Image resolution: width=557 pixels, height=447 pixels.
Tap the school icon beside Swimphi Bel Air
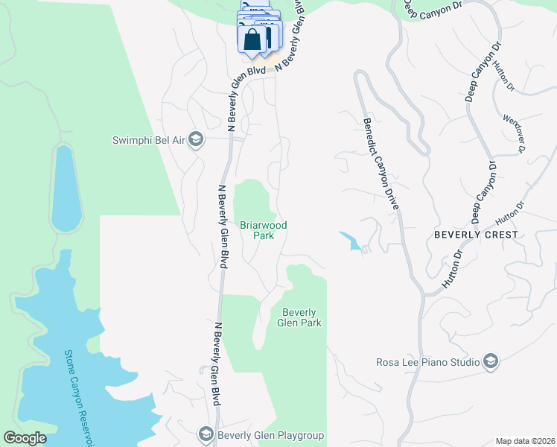(196, 140)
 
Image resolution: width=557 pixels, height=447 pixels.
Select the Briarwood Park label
(263, 230)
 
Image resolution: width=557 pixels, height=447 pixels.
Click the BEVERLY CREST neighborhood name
(476, 235)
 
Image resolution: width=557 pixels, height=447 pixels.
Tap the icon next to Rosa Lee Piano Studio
(490, 362)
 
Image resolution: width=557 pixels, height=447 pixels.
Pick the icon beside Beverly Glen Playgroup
(206, 434)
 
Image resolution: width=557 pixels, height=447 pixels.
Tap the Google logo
(25, 438)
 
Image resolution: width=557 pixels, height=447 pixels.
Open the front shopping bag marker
(252, 39)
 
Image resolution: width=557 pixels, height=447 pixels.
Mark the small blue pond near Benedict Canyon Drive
(351, 241)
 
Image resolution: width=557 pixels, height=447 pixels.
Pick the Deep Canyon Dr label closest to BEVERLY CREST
(483, 193)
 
